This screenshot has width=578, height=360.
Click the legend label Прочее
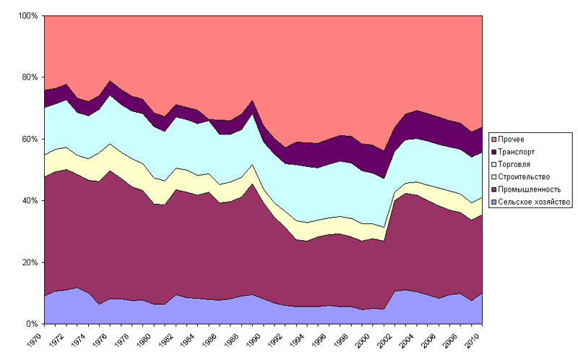[511, 138]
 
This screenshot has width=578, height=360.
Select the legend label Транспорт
[517, 151]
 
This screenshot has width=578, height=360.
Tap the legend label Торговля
[515, 163]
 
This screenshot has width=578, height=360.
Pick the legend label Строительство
[523, 176]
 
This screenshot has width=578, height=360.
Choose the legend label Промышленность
[527, 189]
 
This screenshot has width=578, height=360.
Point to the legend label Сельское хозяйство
[532, 201]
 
